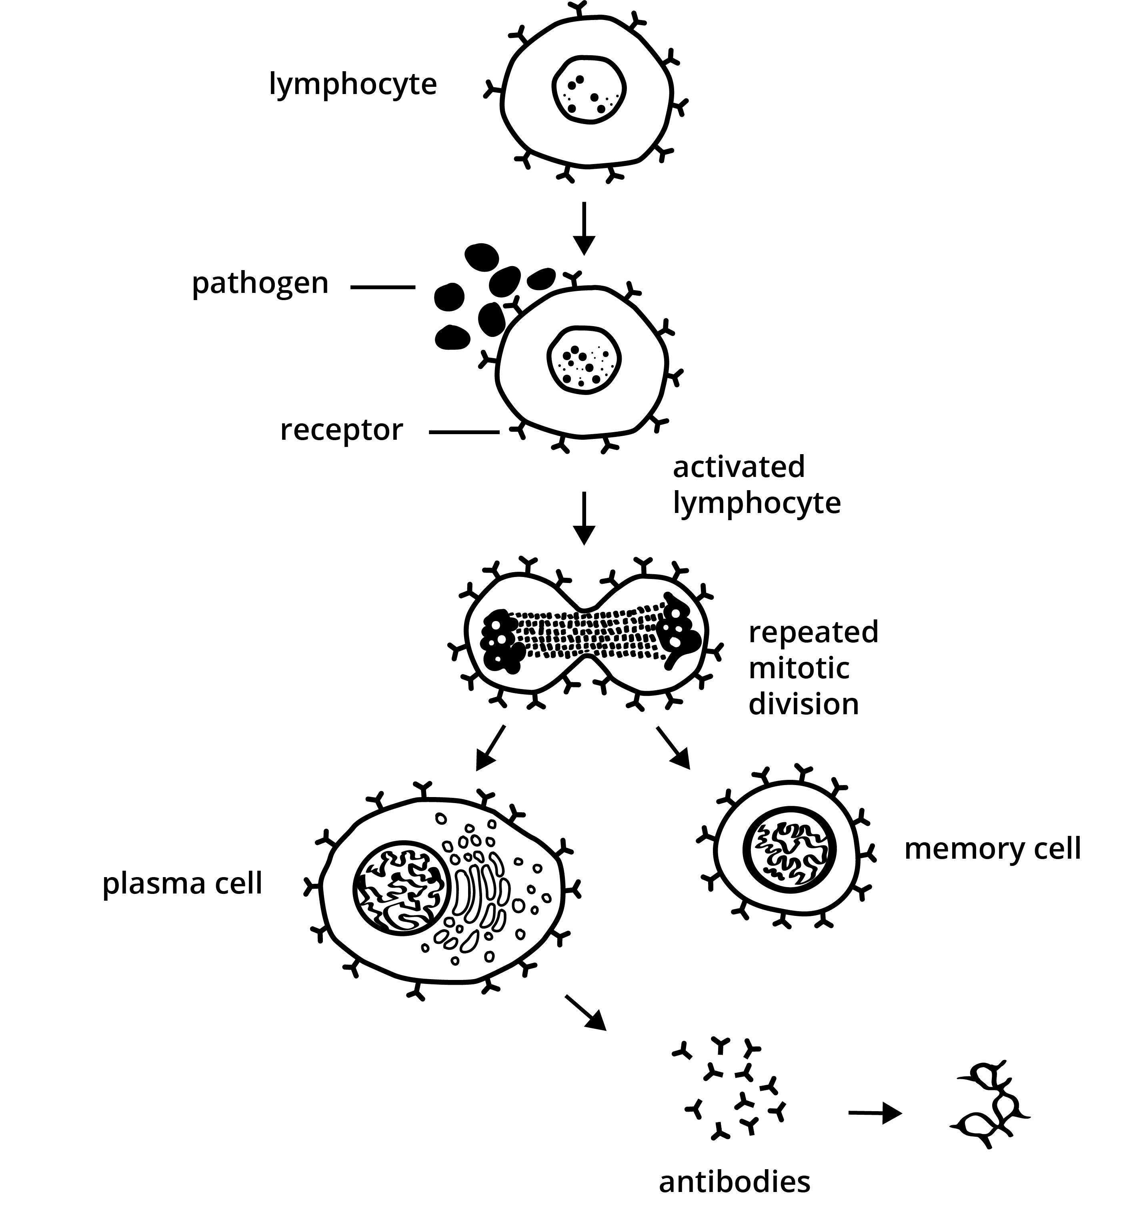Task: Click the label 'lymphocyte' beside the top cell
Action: pyautogui.click(x=353, y=84)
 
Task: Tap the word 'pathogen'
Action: pyautogui.click(x=260, y=284)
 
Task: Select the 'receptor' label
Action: pyautogui.click(x=341, y=430)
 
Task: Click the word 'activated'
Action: pyautogui.click(x=739, y=467)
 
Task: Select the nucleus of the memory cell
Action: pyautogui.click(x=789, y=850)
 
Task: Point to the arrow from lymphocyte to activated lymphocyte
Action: pyautogui.click(x=585, y=228)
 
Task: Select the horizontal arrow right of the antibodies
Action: pyautogui.click(x=875, y=1113)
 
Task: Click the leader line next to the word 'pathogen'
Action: pyautogui.click(x=383, y=286)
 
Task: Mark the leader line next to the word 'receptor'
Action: pyautogui.click(x=464, y=433)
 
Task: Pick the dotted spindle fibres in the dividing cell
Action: pyautogui.click(x=587, y=636)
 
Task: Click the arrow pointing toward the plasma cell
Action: pyautogui.click(x=490, y=747)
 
